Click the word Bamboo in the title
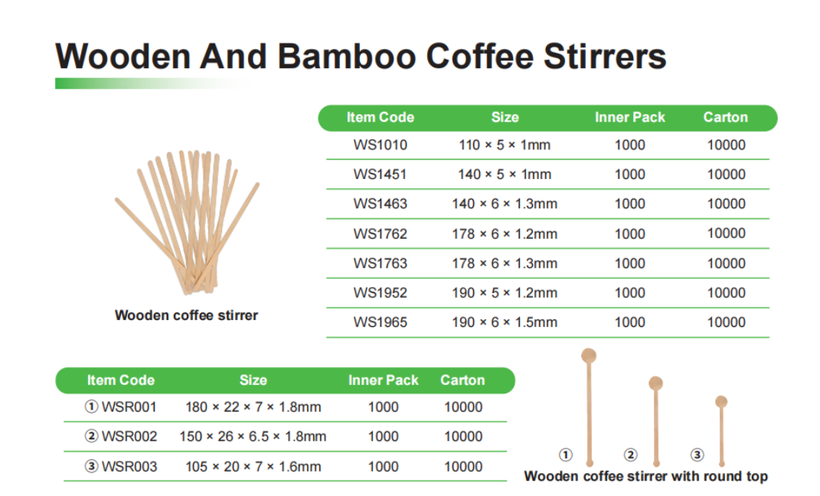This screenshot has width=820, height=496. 346,56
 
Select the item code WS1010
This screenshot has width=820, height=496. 381,145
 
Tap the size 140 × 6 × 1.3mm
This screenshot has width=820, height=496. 505,204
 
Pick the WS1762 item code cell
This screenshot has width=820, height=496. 381,233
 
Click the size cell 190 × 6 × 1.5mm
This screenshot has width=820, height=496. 505,322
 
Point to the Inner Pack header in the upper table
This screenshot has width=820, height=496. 629,117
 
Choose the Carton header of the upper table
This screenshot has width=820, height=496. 725,117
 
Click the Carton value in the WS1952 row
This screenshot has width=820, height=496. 727,292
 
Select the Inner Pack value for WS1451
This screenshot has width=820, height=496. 629,174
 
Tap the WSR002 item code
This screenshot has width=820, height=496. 129,436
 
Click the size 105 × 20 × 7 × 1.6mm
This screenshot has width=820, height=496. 253,466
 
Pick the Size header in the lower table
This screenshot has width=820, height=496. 253,380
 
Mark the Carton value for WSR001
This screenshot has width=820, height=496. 463,407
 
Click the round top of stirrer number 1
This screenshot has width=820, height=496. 589,356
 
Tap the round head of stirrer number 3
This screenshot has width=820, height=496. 721,401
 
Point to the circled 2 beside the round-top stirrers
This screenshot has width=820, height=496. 631,455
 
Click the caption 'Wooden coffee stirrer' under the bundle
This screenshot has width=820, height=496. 186,315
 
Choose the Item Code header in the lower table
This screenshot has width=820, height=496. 121,380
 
